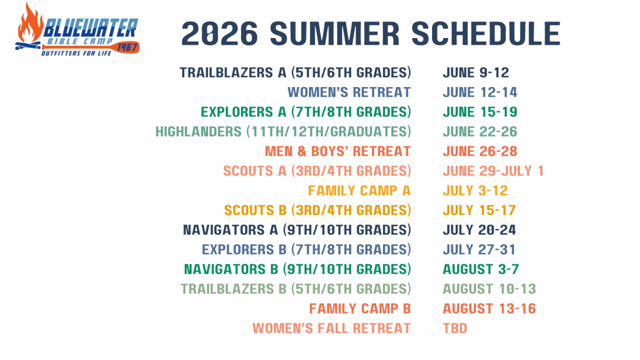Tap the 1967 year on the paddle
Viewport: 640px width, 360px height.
127,47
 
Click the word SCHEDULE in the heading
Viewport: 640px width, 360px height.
483,33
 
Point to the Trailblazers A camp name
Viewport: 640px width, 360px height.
295,73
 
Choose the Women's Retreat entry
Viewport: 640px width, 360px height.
349,92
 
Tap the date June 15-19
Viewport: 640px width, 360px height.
480,112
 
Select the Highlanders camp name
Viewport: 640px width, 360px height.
283,132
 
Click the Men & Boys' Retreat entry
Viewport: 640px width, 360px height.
337,151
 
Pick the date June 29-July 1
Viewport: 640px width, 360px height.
493,171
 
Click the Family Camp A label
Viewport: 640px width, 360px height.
359,190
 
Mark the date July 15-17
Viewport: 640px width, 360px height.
479,210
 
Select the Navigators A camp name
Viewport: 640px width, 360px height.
297,230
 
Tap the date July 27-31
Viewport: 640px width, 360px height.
479,250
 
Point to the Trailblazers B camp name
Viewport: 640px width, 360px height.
296,289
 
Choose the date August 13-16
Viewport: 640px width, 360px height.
489,309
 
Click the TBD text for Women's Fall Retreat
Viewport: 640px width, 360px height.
455,328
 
